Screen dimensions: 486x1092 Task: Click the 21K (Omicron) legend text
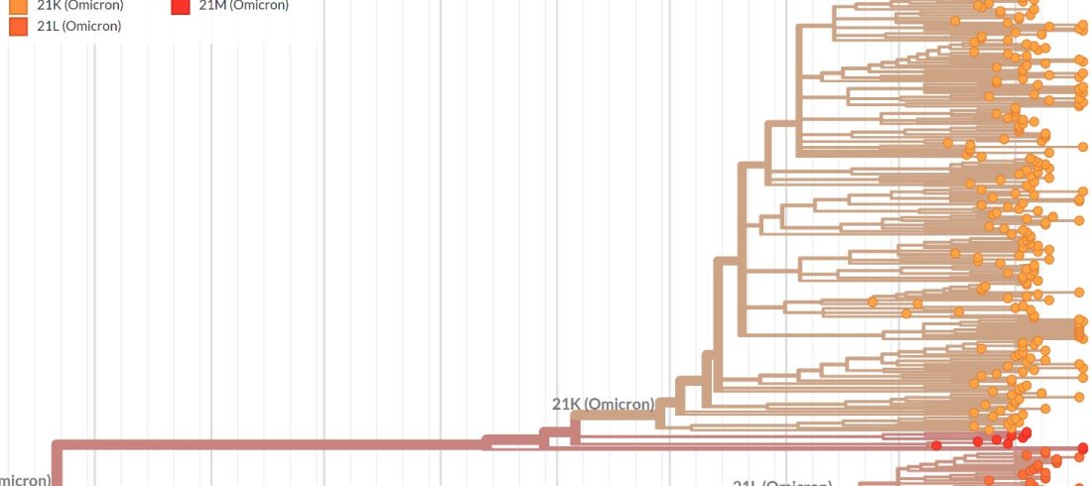(79, 5)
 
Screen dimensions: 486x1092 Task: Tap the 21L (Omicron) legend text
(78, 26)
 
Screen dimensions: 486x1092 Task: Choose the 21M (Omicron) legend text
(243, 5)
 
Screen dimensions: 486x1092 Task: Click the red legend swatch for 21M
(180, 5)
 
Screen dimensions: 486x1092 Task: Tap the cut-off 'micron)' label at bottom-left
(25, 481)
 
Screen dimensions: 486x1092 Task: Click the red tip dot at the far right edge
(1087, 448)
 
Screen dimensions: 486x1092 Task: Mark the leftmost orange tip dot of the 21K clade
(873, 302)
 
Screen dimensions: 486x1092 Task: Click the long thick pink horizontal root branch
(268, 443)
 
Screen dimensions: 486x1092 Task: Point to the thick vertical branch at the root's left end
(57, 464)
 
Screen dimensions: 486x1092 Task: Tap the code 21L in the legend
(49, 26)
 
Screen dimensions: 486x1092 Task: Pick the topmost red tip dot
(1025, 432)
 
